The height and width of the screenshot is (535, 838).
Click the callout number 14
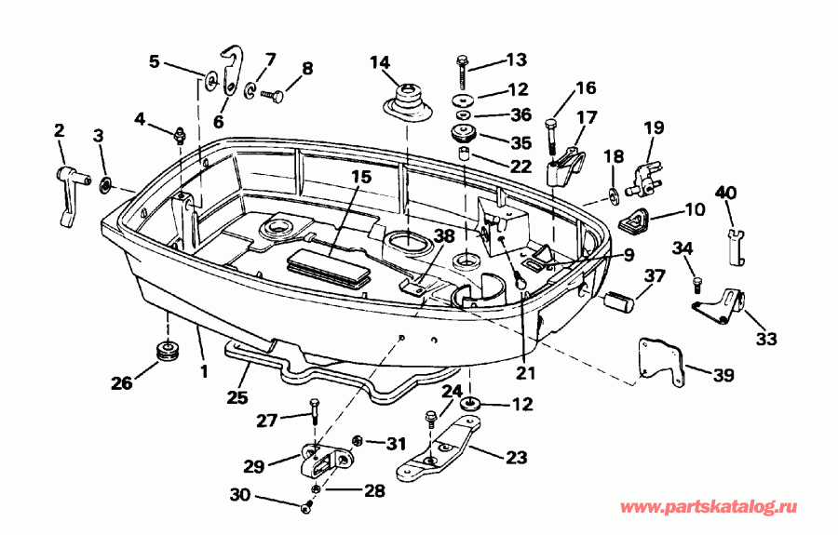coord(380,63)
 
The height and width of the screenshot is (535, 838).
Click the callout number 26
coord(123,381)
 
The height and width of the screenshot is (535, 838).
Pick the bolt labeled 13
coord(463,70)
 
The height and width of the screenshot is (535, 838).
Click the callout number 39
coord(723,376)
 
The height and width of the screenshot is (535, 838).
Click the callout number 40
coord(725,193)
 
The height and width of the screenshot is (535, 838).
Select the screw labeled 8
coord(274,94)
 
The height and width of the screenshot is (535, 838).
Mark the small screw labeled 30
coord(308,506)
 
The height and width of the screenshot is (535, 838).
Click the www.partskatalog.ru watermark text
coord(709,508)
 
